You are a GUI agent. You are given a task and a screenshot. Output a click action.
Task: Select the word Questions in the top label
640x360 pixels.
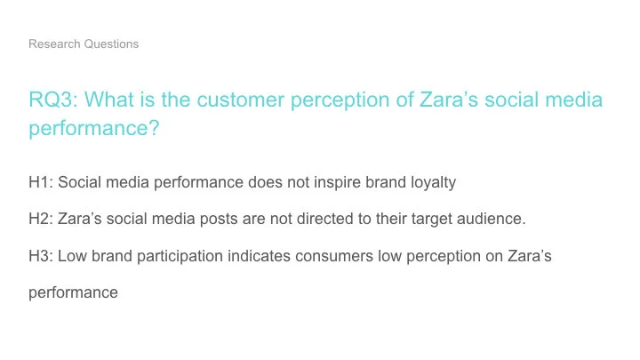click(x=109, y=44)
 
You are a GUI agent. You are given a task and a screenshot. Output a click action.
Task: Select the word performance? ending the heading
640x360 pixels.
click(x=94, y=128)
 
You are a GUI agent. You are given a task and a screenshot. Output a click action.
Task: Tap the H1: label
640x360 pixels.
click(x=41, y=182)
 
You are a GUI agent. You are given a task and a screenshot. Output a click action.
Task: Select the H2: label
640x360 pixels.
click(x=41, y=219)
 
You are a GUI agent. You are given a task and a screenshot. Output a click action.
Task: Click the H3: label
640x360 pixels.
click(x=41, y=255)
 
